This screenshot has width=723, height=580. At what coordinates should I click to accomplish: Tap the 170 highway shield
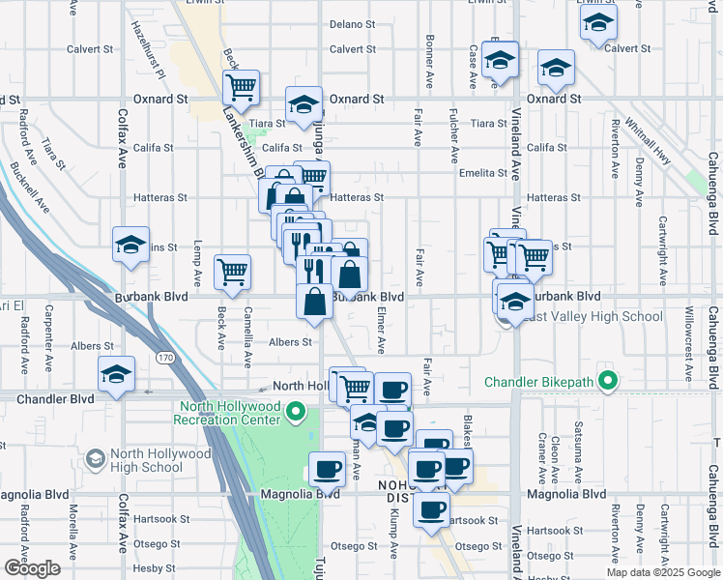165,359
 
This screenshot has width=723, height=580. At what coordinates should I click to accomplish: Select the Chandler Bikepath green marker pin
607,381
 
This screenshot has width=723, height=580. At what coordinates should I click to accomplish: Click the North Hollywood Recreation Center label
227,413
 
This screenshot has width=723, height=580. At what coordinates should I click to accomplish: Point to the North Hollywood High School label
147,460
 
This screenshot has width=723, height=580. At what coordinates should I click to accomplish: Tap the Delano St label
351,24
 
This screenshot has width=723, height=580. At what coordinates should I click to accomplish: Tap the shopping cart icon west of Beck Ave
233,274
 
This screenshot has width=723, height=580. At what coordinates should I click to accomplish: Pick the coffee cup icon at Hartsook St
432,508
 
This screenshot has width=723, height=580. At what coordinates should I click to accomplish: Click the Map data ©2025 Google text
662,572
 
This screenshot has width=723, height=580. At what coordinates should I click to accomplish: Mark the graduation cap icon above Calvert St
598,23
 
